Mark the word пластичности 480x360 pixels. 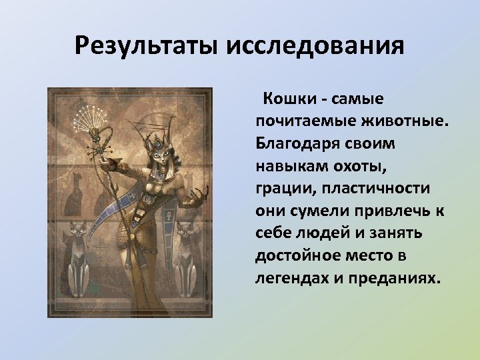(x=375, y=189)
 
